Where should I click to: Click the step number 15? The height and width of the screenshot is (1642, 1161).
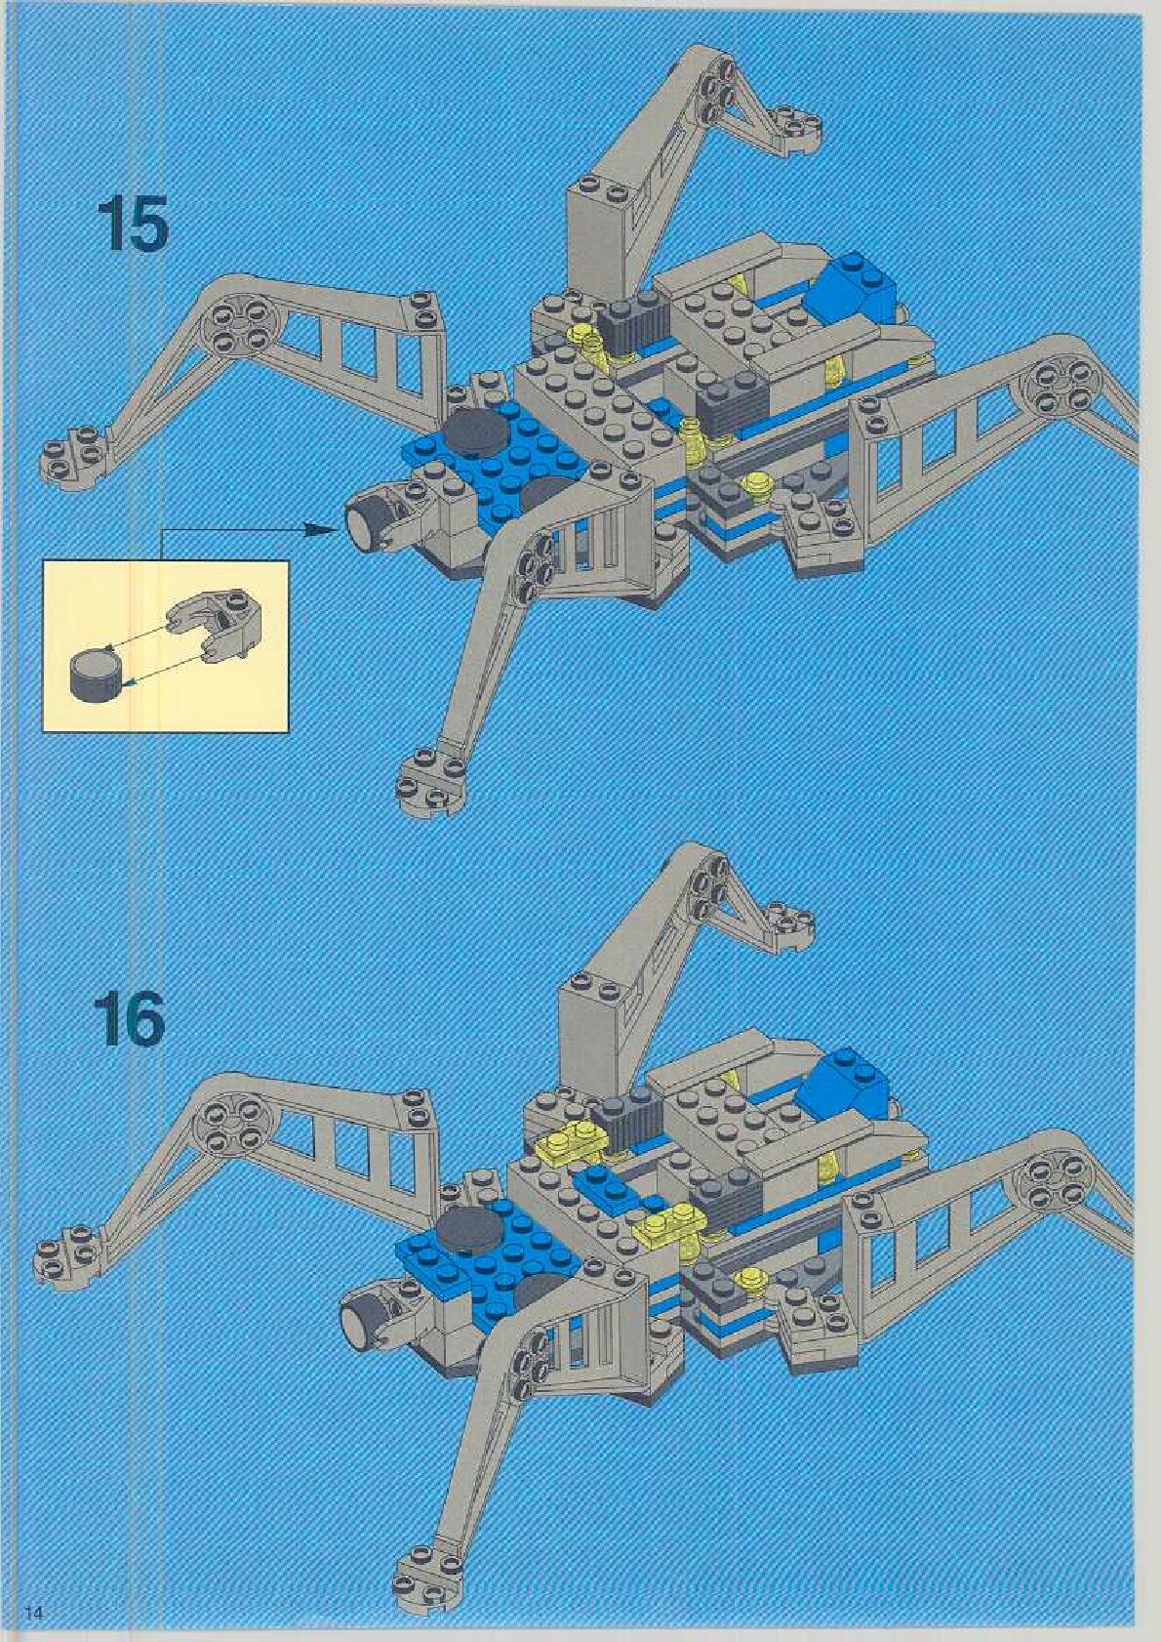click(133, 226)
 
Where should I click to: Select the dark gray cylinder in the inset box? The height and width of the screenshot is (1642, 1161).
click(95, 673)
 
